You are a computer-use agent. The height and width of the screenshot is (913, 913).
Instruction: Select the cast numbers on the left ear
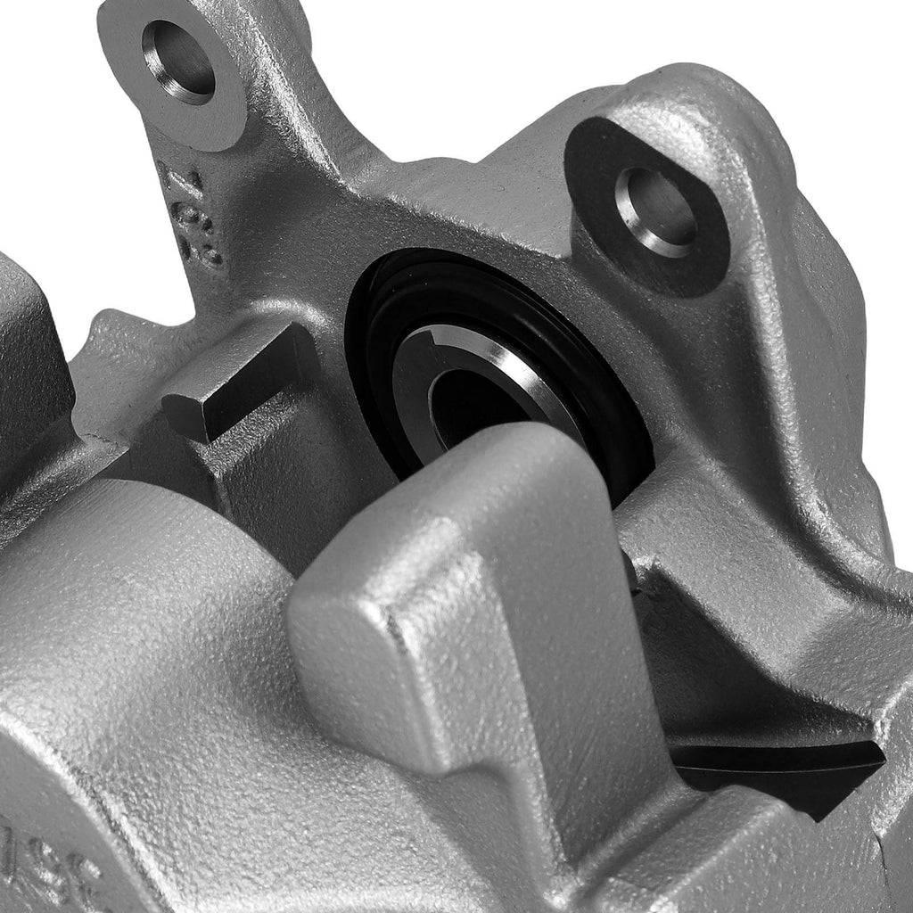[192, 218]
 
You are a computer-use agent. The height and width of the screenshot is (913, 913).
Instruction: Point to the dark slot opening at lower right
[776, 767]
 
